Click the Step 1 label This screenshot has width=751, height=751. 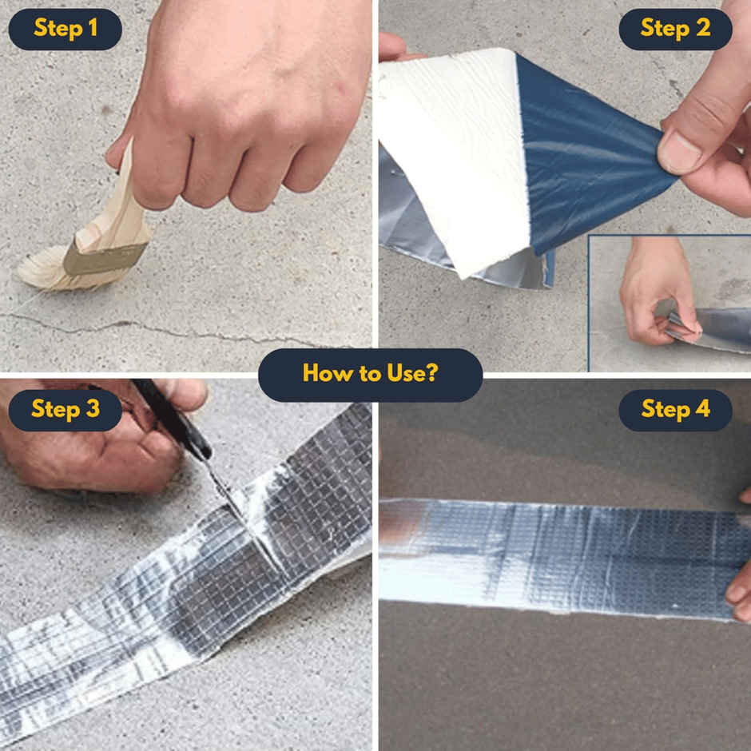click(65, 30)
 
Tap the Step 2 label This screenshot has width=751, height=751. click(675, 30)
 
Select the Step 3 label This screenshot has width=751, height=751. click(65, 410)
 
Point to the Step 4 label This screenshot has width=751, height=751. click(675, 410)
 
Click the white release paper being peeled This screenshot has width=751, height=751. click(455, 152)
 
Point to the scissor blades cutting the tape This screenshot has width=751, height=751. click(228, 491)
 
